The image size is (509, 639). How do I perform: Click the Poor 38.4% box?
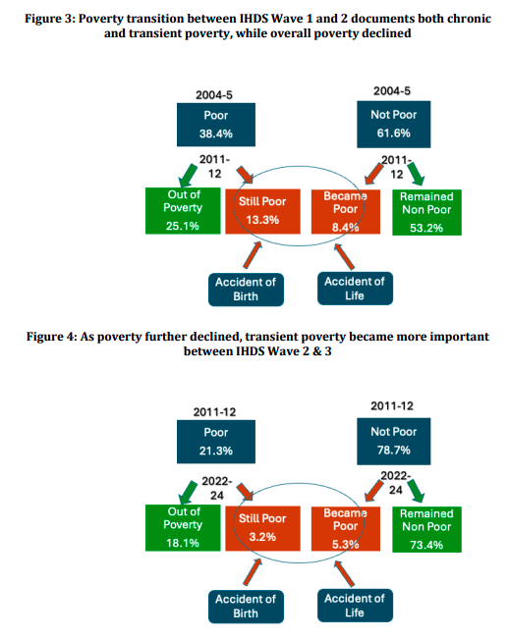pos(216,125)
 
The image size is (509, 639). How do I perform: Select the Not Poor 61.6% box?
pos(394,124)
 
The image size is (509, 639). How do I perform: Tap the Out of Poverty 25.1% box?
pos(183,211)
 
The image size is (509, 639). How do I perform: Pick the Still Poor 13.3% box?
pos(262,211)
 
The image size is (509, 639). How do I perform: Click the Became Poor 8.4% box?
pos(346,211)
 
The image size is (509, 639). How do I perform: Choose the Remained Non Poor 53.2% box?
pos(426,212)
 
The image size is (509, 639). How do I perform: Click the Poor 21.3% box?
pos(216,442)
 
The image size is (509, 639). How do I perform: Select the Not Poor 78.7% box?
pos(394,441)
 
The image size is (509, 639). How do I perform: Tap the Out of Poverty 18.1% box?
pos(183,528)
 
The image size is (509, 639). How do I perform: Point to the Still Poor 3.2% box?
pos(262,528)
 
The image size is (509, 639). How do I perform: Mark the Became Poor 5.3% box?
pos(346,528)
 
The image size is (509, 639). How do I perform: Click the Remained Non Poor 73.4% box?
pos(426,529)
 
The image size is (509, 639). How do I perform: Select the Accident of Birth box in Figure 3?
pos(246,290)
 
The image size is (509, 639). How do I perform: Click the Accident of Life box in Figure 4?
pos(355,606)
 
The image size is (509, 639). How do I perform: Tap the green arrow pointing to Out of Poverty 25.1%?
pos(188,176)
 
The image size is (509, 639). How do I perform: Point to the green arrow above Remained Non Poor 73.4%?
pos(417,491)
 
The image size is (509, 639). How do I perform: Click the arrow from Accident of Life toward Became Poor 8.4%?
pos(345,256)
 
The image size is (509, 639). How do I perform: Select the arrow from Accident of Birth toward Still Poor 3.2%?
pos(253,572)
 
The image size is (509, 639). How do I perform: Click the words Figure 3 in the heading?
pos(49,19)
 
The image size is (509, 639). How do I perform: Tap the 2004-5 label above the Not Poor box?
pos(392,91)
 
